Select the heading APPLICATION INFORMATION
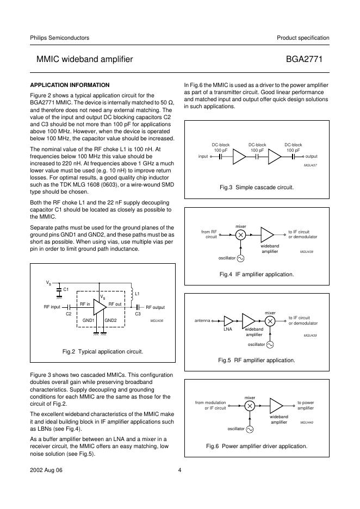click(x=70, y=85)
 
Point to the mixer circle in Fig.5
click(x=270, y=321)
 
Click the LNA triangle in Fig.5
click(x=228, y=321)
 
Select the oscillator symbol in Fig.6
click(x=250, y=429)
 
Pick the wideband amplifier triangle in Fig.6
click(x=277, y=406)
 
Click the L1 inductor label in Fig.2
click(x=137, y=294)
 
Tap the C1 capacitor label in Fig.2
click(x=66, y=289)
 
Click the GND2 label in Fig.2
click(x=111, y=320)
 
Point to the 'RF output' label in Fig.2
click(x=155, y=307)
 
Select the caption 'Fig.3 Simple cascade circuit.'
click(x=257, y=187)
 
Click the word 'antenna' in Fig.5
click(x=203, y=321)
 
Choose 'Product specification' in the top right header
click(x=303, y=38)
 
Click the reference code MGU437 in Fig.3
click(x=310, y=165)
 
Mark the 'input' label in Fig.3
click(x=204, y=157)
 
